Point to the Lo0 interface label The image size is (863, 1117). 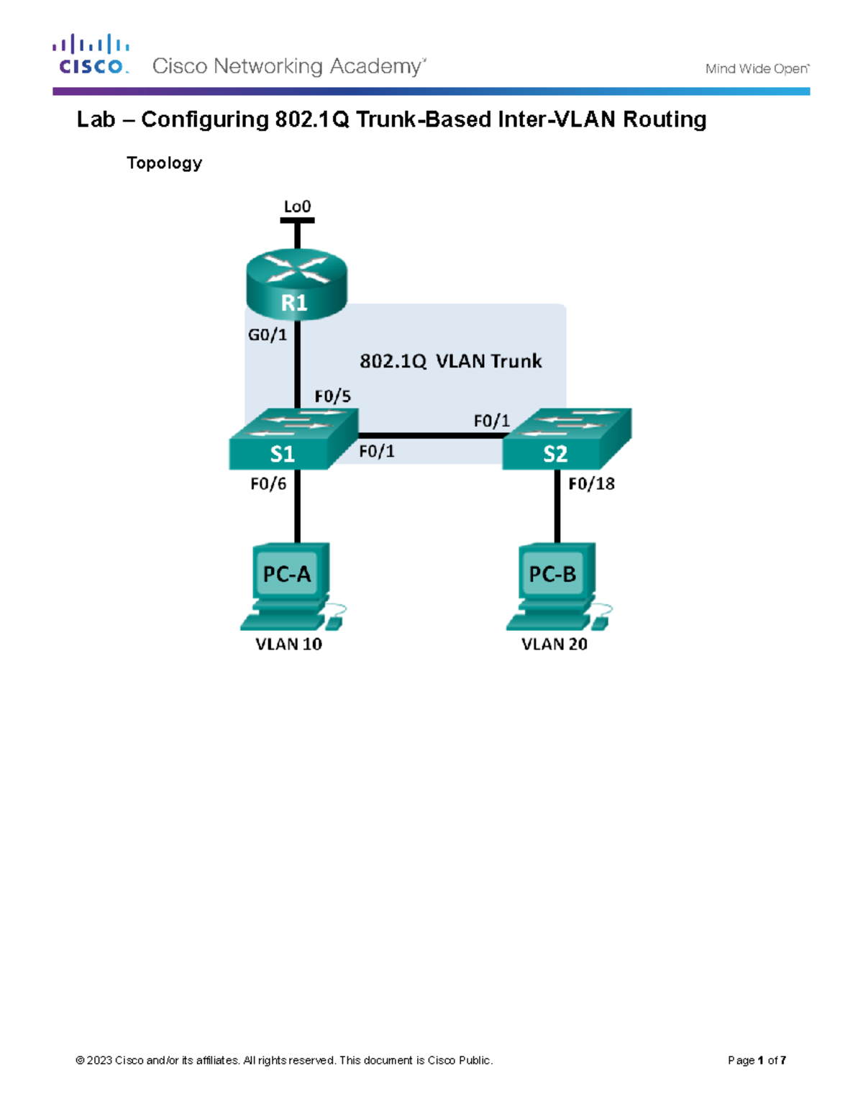pyautogui.click(x=297, y=207)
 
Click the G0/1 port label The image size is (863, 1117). pyautogui.click(x=268, y=334)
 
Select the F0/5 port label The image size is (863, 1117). pyautogui.click(x=332, y=396)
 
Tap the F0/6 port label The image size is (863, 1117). pyautogui.click(x=268, y=484)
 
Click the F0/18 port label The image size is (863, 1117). pyautogui.click(x=591, y=484)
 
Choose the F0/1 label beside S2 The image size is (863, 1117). pyautogui.click(x=491, y=421)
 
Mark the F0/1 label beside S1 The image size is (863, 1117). pyautogui.click(x=377, y=452)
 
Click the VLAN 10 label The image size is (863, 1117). pyautogui.click(x=288, y=644)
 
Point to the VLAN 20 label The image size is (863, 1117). pyautogui.click(x=554, y=644)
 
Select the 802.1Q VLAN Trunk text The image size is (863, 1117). pyautogui.click(x=450, y=361)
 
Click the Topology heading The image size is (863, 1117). pyautogui.click(x=164, y=163)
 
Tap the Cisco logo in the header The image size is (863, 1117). pyautogui.click(x=91, y=55)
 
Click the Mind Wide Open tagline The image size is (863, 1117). pyautogui.click(x=757, y=69)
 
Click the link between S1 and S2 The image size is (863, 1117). pyautogui.click(x=430, y=436)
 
